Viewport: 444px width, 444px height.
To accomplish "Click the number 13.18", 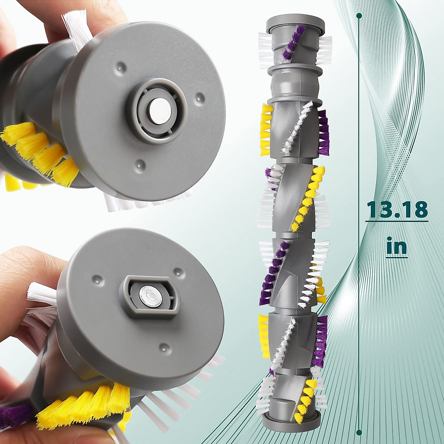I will pos(397,209).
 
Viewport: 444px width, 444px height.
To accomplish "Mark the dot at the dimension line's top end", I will pos(359,16).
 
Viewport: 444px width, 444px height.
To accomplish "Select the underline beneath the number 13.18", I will pos(397,221).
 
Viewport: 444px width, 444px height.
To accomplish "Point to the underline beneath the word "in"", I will pos(396,256).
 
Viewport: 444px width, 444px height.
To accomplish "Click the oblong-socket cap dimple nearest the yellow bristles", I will pos(161,347).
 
